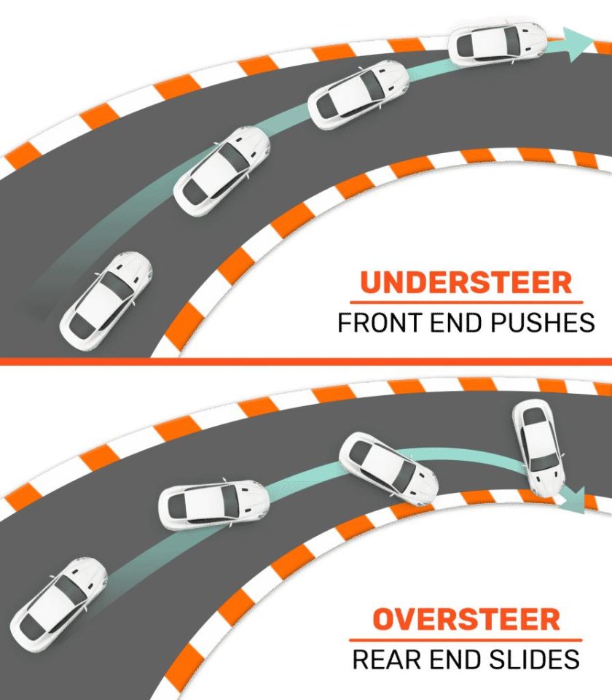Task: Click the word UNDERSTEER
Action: [x=466, y=282]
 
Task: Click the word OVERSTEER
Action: [x=466, y=620]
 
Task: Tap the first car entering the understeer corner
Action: [x=106, y=299]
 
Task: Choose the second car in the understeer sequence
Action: [x=221, y=168]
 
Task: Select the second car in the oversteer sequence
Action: [x=213, y=504]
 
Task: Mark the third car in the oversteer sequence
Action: [x=388, y=469]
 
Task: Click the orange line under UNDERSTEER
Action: [x=466, y=302]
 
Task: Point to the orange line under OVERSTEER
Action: [x=466, y=639]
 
